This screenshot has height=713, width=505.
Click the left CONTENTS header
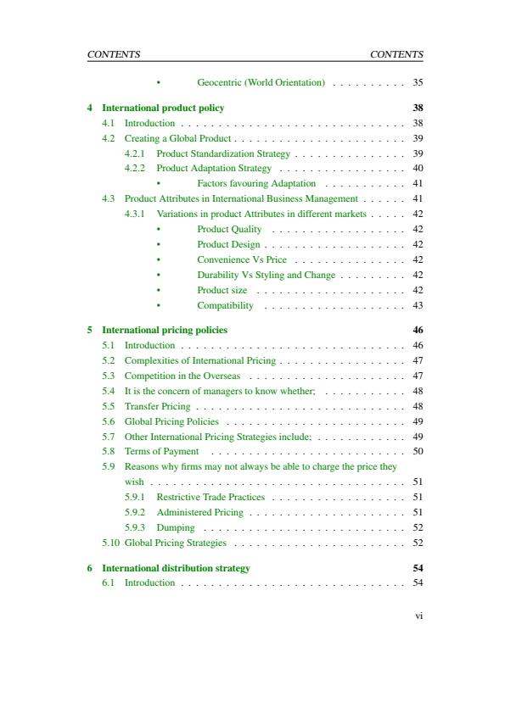click(114, 54)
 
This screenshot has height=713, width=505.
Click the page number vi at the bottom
click(418, 616)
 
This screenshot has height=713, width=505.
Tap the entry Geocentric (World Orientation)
click(261, 83)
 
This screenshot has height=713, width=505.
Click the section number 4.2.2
click(134, 169)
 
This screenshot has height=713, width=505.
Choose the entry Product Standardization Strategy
click(223, 153)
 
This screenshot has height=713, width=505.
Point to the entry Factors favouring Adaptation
click(256, 183)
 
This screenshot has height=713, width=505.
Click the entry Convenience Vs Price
click(242, 259)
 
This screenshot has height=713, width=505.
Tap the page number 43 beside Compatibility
click(417, 305)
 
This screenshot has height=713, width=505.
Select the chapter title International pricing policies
click(165, 330)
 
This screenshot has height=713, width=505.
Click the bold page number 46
click(418, 330)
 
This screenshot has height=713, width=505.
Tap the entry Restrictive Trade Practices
click(210, 497)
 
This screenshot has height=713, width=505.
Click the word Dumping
click(176, 527)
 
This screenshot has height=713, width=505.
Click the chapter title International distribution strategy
click(176, 568)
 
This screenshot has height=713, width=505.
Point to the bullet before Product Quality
click(159, 230)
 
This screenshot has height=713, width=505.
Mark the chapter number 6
click(90, 568)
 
